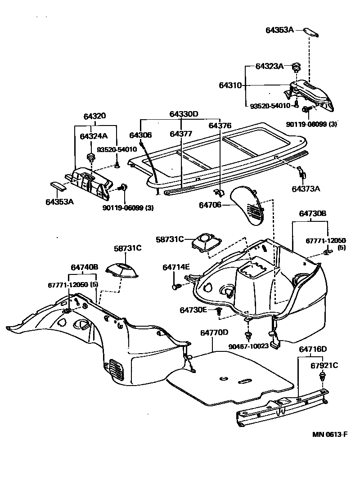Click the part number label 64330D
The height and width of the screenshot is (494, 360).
pyautogui.click(x=184, y=114)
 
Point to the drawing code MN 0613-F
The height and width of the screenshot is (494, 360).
pyautogui.click(x=331, y=435)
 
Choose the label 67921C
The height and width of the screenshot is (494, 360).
pyautogui.click(x=324, y=365)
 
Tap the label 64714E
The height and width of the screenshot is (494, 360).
pyautogui.click(x=176, y=267)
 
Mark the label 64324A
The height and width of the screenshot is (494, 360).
pyautogui.click(x=94, y=136)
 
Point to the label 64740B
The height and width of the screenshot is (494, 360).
pyautogui.click(x=84, y=267)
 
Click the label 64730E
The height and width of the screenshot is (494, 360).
pyautogui.click(x=193, y=310)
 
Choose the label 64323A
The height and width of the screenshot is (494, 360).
pyautogui.click(x=269, y=66)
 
